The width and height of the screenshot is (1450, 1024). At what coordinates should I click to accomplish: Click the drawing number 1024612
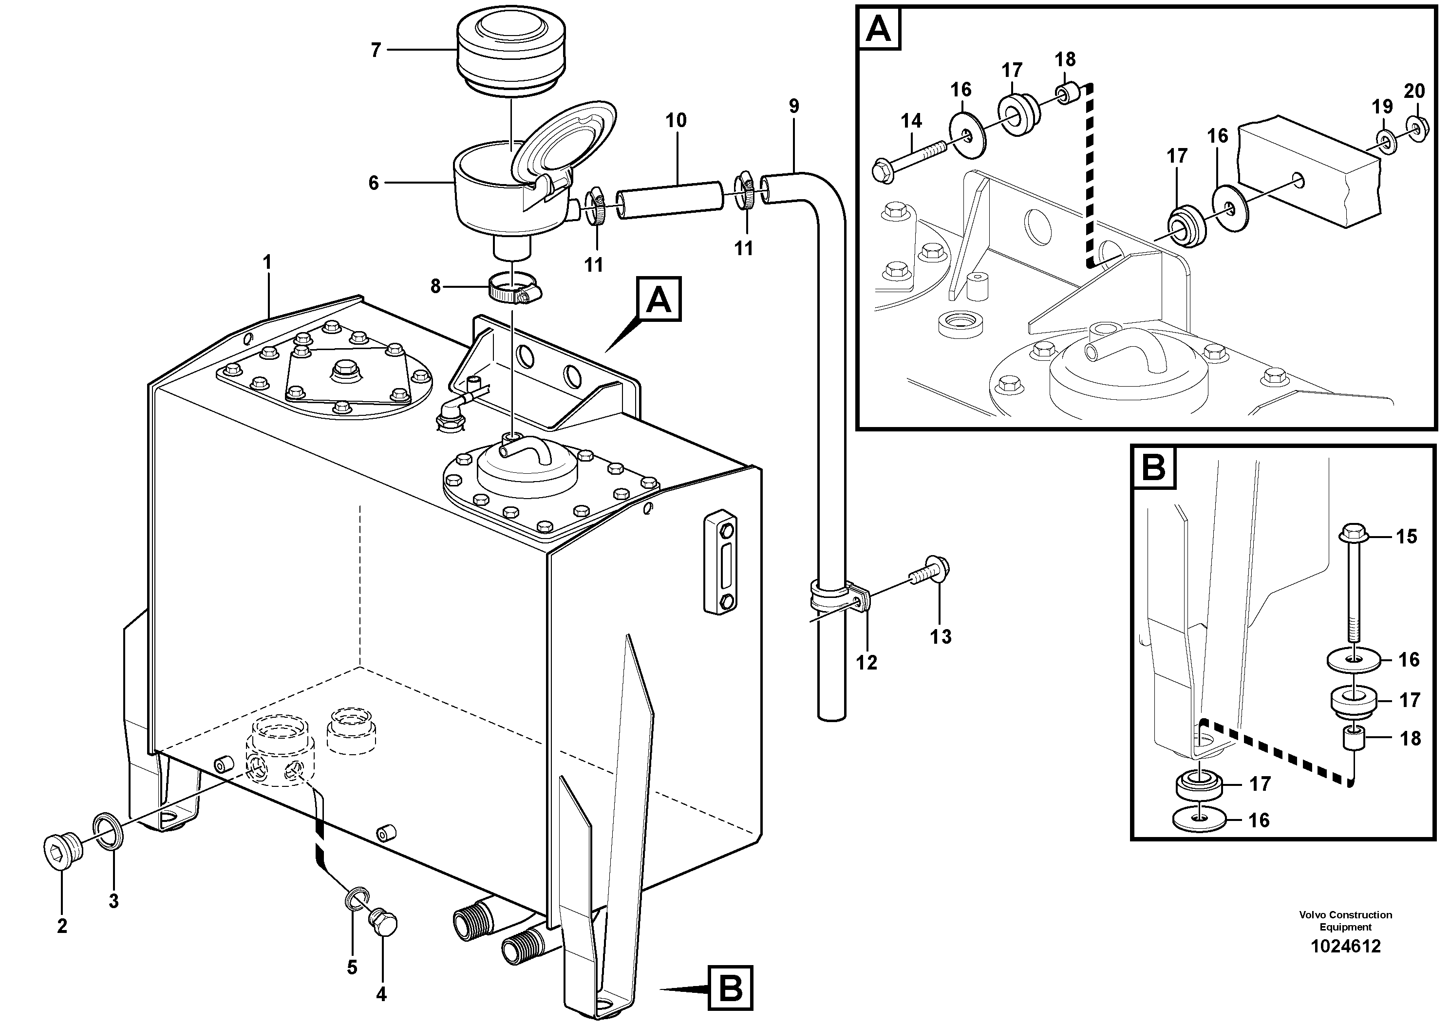1346,947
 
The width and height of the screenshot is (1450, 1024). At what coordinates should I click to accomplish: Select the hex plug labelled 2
61,850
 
